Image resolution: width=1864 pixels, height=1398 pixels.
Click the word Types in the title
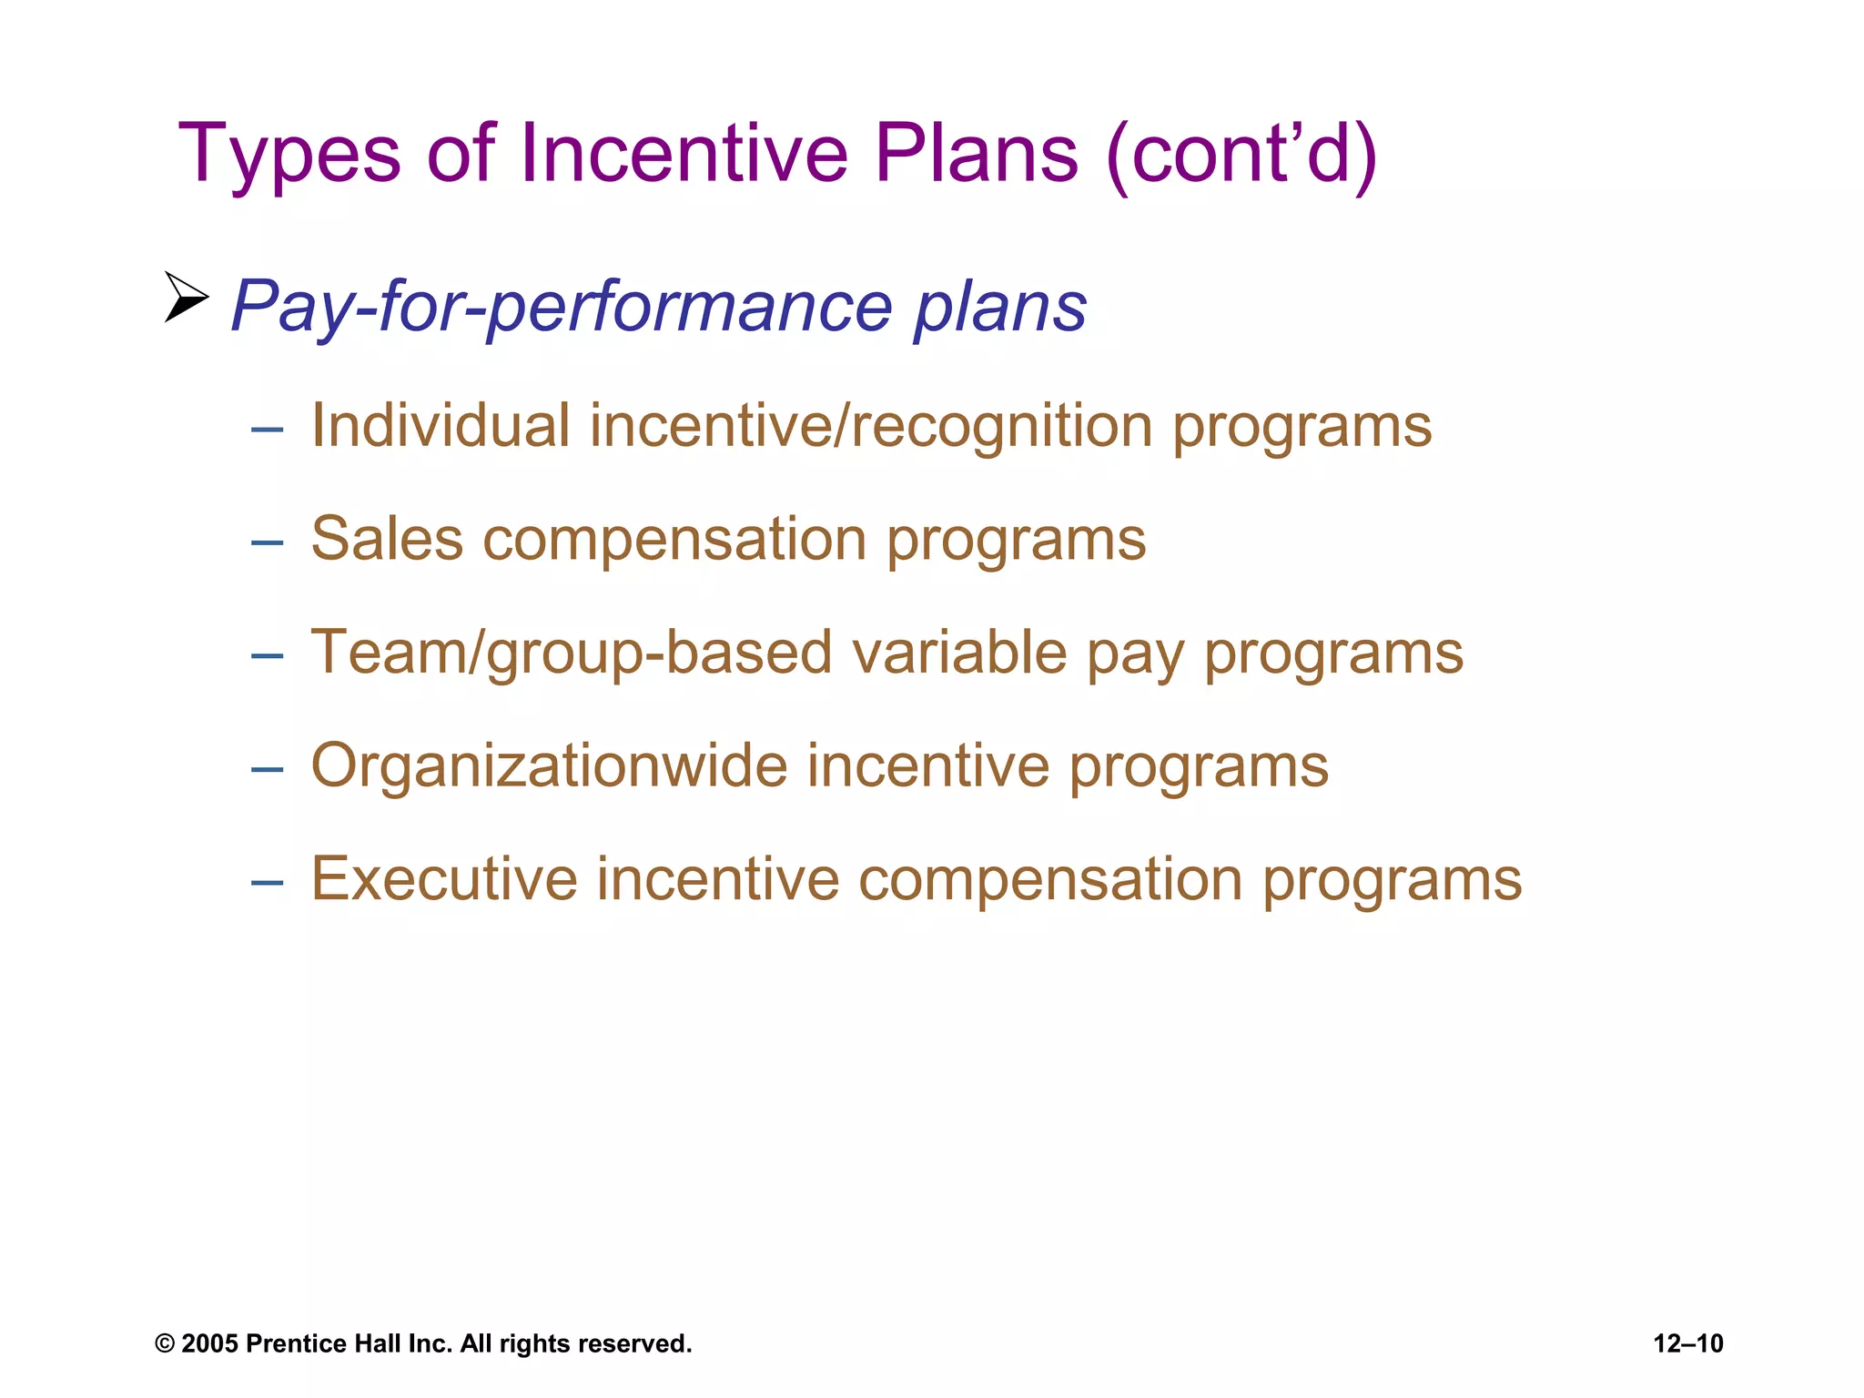pos(289,155)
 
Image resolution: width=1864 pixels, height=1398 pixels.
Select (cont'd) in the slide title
pos(1241,155)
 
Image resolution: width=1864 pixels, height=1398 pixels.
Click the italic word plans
pos(999,307)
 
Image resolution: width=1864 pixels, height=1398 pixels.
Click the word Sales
pos(387,539)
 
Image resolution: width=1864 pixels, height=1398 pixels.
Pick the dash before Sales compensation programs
pos(267,543)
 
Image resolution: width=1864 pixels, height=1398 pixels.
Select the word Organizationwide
pos(549,765)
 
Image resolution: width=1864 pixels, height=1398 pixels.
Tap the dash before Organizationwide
pos(267,770)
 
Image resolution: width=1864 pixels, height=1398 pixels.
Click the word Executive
pos(444,879)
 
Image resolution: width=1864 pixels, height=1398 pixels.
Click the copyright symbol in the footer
pos(165,1344)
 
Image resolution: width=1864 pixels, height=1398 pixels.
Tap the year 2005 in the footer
pos(209,1344)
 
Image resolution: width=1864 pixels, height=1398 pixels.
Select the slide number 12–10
pos(1688,1344)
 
